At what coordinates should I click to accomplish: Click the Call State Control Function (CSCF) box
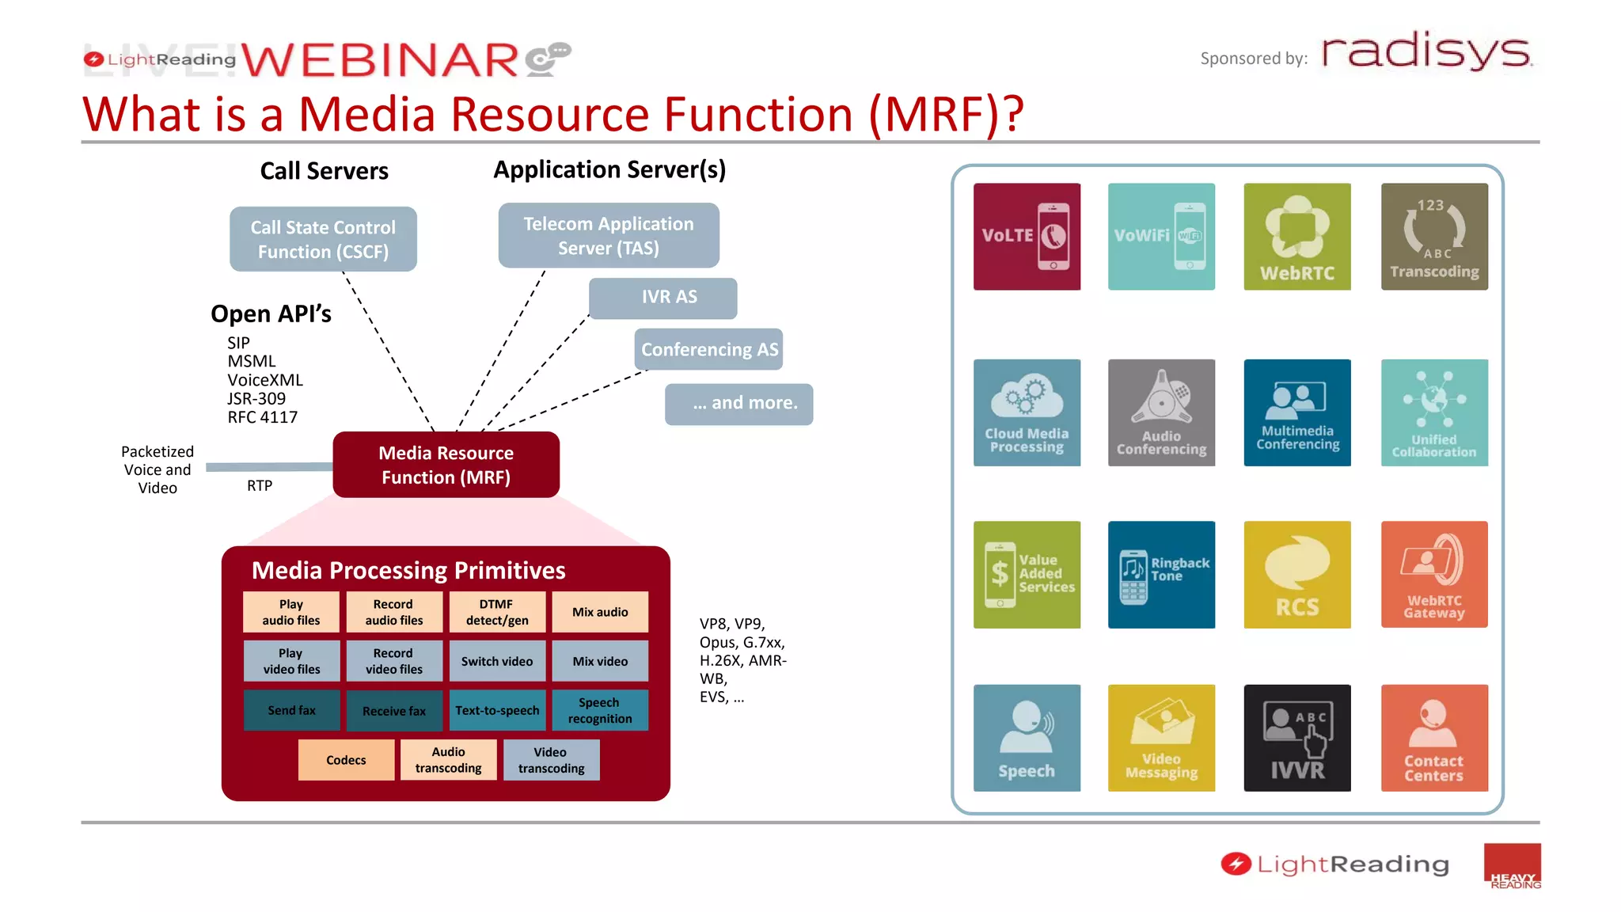click(x=323, y=239)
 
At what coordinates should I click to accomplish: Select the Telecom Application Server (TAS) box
click(x=608, y=236)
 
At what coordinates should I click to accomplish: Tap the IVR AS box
click(x=663, y=298)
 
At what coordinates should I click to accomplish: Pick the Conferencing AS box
click(x=708, y=349)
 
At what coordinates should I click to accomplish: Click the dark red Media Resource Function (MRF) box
click(x=446, y=465)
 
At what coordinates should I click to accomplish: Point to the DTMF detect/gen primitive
click(x=497, y=612)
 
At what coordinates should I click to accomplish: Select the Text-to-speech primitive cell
click(x=497, y=710)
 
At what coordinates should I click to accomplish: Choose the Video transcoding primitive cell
click(x=551, y=760)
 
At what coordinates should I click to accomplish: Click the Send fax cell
click(x=291, y=710)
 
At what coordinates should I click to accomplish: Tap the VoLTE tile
click(x=1027, y=237)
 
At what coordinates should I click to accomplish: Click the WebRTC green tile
click(x=1296, y=237)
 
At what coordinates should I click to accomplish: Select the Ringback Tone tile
click(x=1161, y=574)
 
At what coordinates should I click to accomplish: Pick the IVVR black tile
click(x=1296, y=738)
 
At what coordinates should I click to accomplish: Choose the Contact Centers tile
click(x=1433, y=738)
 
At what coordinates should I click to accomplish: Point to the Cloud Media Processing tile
click(x=1027, y=412)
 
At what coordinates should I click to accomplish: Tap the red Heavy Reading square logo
click(x=1512, y=865)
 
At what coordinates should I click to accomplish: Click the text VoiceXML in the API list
click(x=265, y=380)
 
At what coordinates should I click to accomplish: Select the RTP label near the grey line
click(x=260, y=485)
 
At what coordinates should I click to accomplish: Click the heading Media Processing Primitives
click(x=408, y=570)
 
